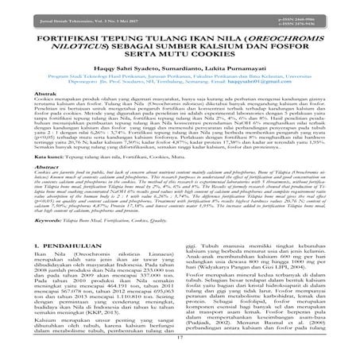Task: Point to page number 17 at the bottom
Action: pyautogui.click(x=180, y=347)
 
